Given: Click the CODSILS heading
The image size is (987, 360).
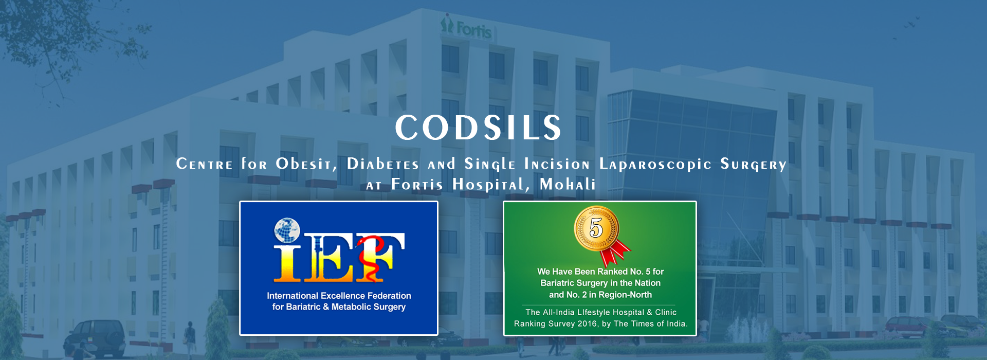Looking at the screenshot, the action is (479, 128).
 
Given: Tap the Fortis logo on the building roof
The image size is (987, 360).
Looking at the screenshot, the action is (466, 28).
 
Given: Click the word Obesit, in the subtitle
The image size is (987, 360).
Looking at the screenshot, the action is (306, 164).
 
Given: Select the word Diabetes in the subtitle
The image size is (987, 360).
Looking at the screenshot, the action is (383, 164).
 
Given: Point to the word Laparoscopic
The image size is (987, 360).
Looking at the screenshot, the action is (655, 165).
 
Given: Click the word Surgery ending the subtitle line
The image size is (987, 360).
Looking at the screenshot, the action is (754, 165).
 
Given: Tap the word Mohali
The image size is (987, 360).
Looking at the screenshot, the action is (568, 184).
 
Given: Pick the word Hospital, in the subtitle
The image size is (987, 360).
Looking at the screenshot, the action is (491, 185).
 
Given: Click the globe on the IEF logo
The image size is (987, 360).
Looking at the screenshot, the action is (287, 230).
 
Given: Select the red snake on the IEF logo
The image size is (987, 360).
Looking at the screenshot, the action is (371, 256).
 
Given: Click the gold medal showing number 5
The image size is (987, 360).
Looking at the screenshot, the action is (596, 228).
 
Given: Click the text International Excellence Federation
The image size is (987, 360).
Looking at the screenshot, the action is (339, 296).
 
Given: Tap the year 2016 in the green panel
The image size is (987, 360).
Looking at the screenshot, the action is (587, 323).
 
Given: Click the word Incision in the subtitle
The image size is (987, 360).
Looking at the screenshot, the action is (557, 164).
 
